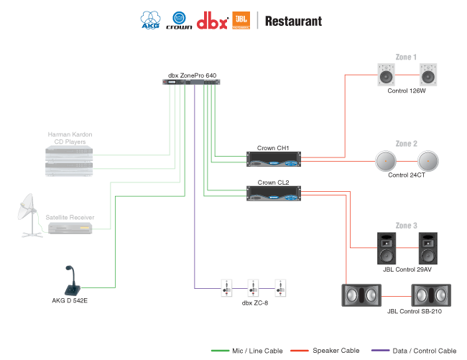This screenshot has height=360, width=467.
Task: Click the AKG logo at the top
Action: point(150,19)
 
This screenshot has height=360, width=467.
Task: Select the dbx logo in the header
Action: point(212,19)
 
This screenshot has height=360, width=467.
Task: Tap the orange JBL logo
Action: point(241,19)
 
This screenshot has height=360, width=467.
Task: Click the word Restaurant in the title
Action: point(293,20)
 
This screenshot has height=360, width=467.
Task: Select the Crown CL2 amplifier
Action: point(273,193)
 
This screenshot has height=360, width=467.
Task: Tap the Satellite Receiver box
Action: point(70,229)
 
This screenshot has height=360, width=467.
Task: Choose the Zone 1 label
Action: point(406,57)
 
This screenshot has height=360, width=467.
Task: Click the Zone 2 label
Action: point(406,143)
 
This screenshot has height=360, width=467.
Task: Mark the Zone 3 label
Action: point(406,226)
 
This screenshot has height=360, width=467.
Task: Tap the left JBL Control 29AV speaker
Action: point(387,248)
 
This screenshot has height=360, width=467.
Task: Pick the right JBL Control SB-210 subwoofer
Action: point(430,295)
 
